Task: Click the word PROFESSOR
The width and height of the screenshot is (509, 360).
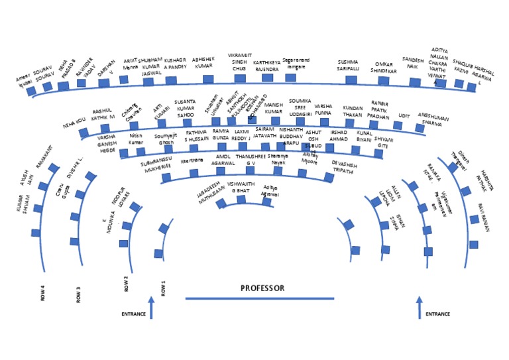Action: pyautogui.click(x=262, y=288)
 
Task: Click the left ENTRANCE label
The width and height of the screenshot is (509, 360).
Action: pyautogui.click(x=133, y=313)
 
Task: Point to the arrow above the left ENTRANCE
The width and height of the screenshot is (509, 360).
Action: pyautogui.click(x=151, y=308)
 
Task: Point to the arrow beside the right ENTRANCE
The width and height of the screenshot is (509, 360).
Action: pyautogui.click(x=419, y=308)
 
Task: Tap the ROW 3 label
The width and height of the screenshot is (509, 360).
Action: pyautogui.click(x=78, y=294)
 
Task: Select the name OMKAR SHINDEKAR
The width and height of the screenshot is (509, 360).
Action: pyautogui.click(x=383, y=67)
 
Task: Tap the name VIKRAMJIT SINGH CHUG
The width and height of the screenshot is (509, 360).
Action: pyautogui.click(x=239, y=61)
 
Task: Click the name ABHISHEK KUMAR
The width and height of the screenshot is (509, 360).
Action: pyautogui.click(x=202, y=63)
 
